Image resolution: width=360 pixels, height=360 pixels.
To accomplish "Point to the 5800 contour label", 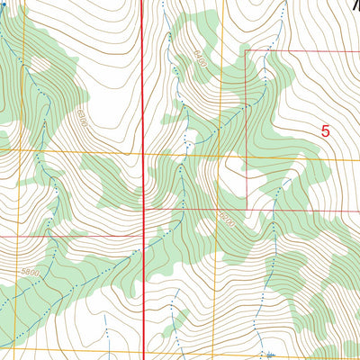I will tap(32, 269).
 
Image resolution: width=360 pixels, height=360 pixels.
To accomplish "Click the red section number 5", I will tap(325, 130).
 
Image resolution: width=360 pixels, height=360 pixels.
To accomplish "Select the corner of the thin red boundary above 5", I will tap(246, 51).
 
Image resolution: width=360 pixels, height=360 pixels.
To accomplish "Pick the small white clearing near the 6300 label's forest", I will tap(40, 65).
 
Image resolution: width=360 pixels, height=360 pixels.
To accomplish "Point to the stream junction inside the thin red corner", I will tap(267, 54).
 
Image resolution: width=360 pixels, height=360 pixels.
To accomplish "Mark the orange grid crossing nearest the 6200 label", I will tap(221, 213).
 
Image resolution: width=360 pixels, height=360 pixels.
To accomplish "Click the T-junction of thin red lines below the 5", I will tap(245, 210).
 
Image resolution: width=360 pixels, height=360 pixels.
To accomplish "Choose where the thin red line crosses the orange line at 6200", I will tap(221, 210).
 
